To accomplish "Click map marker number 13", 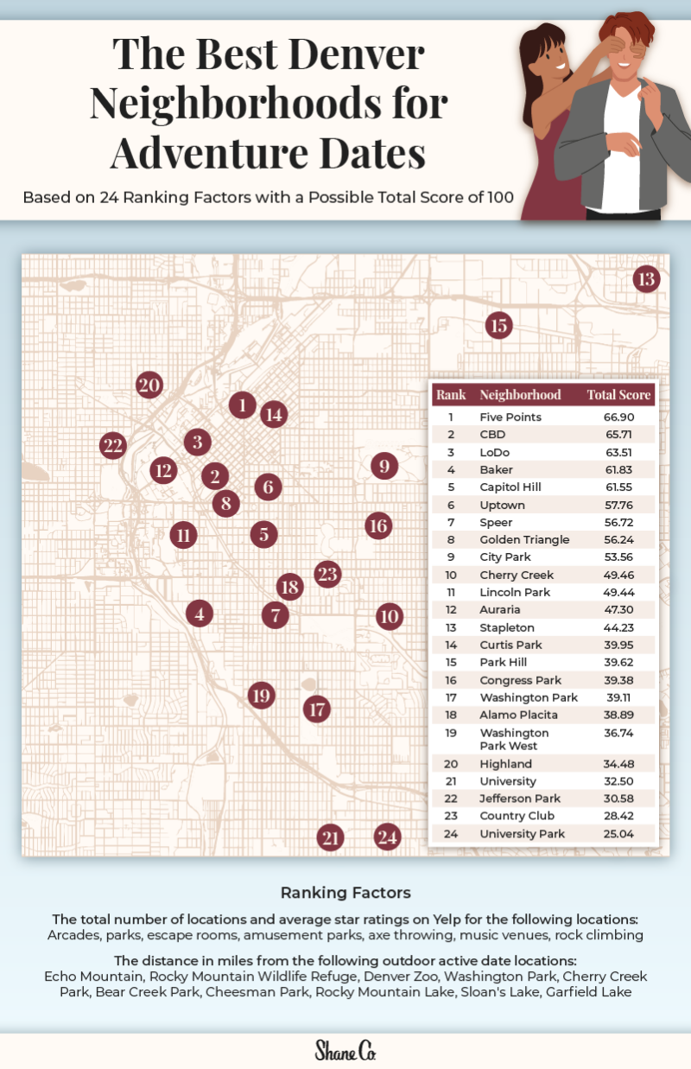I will (646, 279).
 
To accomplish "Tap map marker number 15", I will (498, 326).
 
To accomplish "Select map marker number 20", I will (149, 385).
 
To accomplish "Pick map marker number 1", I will (243, 404).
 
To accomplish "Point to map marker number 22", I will (112, 446).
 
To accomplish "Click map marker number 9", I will (384, 467).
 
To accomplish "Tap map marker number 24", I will (388, 837).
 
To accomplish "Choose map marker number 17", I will (317, 709).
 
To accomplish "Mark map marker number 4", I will (200, 614).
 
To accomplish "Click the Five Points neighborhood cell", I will (510, 417).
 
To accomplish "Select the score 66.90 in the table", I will (619, 417).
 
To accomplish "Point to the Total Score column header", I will (619, 395).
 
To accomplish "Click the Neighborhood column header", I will (520, 395).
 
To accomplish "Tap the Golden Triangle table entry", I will (524, 539).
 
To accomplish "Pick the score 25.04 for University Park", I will (619, 834).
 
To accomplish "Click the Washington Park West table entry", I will (514, 739).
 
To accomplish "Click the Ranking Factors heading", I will (345, 892).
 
